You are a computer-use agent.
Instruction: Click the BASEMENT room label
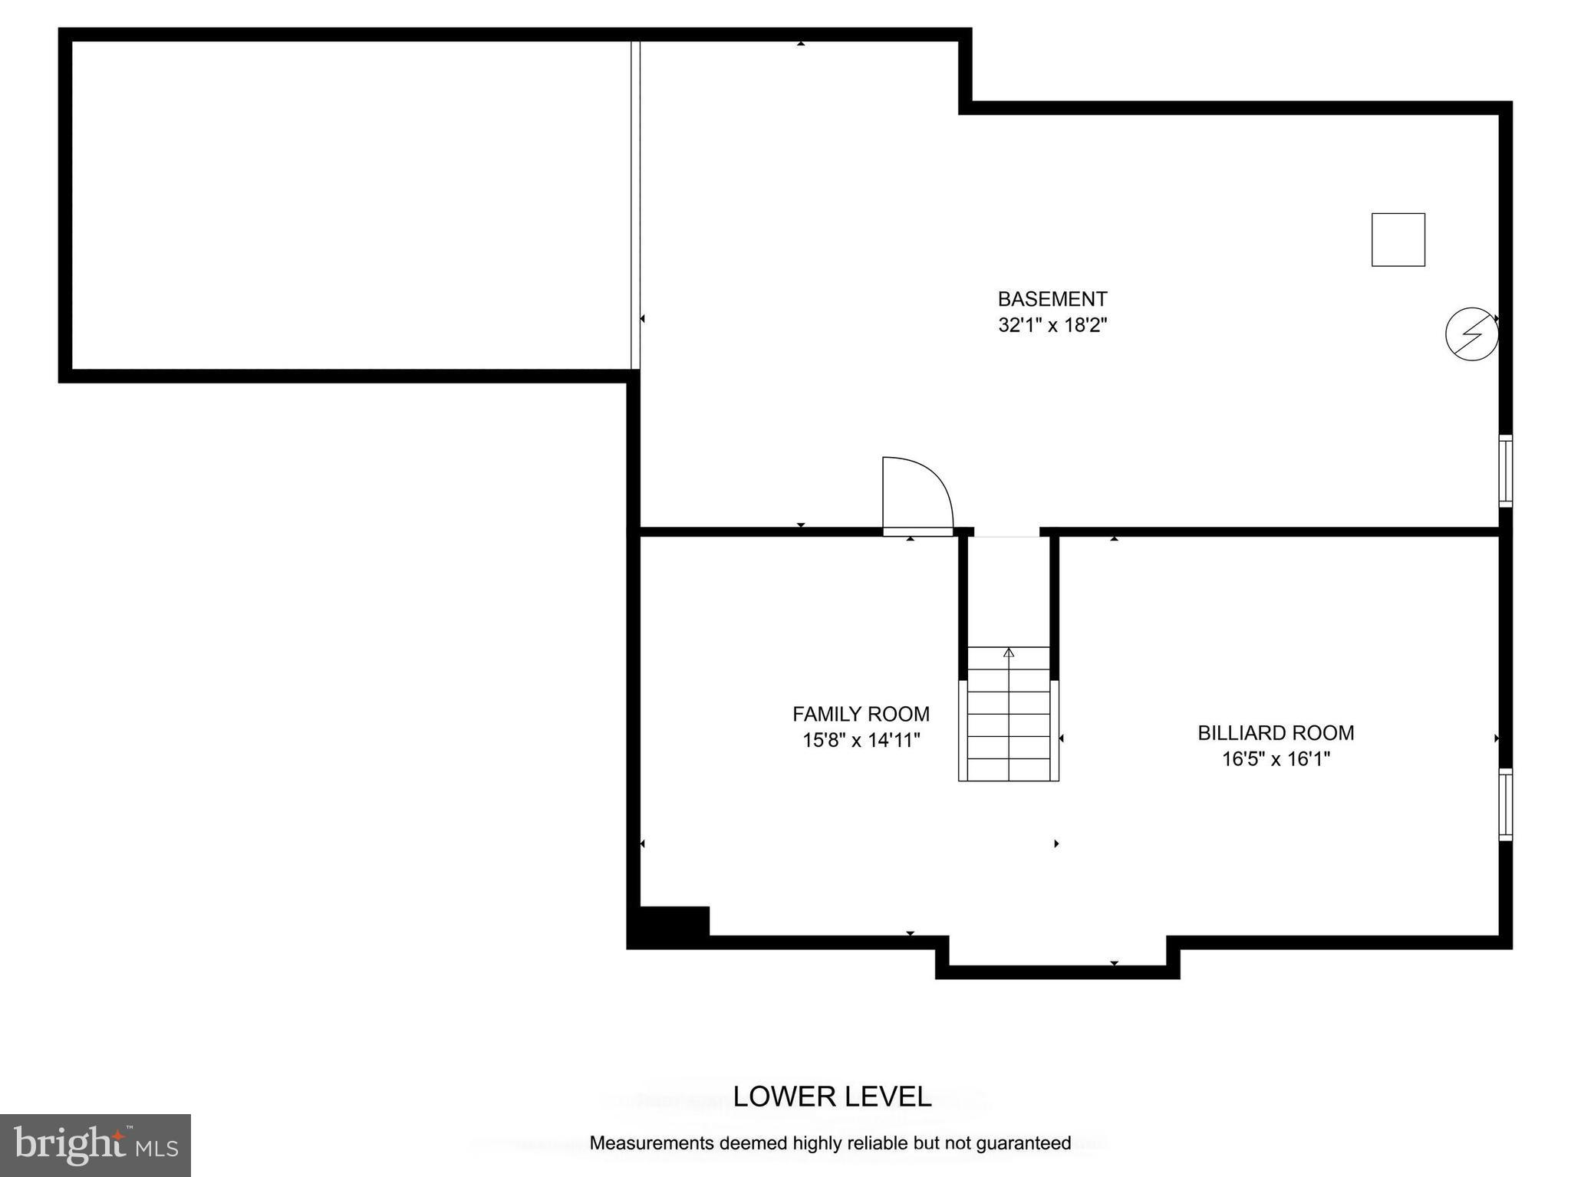click(x=1052, y=299)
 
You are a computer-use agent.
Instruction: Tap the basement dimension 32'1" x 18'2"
click(x=1052, y=325)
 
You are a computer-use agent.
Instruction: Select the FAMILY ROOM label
click(x=861, y=714)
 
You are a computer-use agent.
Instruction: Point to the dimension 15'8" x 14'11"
click(x=861, y=740)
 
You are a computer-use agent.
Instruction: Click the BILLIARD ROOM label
click(x=1276, y=733)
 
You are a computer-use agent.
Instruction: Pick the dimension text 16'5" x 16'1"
click(x=1276, y=759)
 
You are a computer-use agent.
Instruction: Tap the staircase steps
click(x=1008, y=725)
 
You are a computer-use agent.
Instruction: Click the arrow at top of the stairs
click(x=1009, y=653)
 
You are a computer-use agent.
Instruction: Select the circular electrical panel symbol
click(x=1471, y=334)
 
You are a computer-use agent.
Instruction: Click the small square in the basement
click(x=1398, y=240)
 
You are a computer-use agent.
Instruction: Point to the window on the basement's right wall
click(x=1505, y=471)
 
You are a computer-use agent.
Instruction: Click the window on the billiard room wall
click(x=1505, y=804)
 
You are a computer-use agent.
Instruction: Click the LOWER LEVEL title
click(x=832, y=1096)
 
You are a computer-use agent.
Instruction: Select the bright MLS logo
click(x=95, y=1145)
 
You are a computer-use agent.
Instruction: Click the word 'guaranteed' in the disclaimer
click(x=1025, y=1143)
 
